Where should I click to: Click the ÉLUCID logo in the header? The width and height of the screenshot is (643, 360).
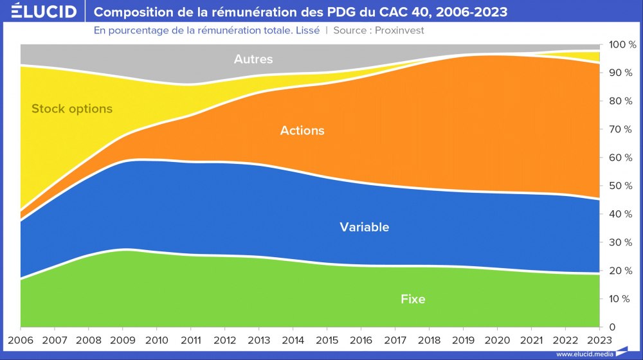[x=40, y=12]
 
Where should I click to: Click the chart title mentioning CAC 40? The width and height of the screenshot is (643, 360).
[x=300, y=12]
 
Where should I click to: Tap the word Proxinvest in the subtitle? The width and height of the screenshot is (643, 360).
[x=395, y=30]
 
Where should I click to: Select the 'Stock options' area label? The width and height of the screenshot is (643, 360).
[x=72, y=109]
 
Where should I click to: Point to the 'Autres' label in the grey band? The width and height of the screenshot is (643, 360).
[x=253, y=59]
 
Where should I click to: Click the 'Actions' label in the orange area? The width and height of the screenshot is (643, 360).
[x=302, y=130]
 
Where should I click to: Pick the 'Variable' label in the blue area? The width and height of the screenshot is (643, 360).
[x=365, y=227]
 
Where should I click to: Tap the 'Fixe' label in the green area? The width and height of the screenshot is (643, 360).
[x=413, y=299]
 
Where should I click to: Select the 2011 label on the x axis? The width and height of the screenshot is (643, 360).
[x=190, y=339]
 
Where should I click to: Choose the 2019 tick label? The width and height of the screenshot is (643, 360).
[x=463, y=339]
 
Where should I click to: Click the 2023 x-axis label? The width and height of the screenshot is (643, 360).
[x=599, y=339]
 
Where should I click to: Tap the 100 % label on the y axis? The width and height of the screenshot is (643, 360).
[x=622, y=45]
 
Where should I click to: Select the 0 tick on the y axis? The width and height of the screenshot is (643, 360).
[x=612, y=327]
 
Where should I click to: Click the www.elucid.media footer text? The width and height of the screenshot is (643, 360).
[x=584, y=354]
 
